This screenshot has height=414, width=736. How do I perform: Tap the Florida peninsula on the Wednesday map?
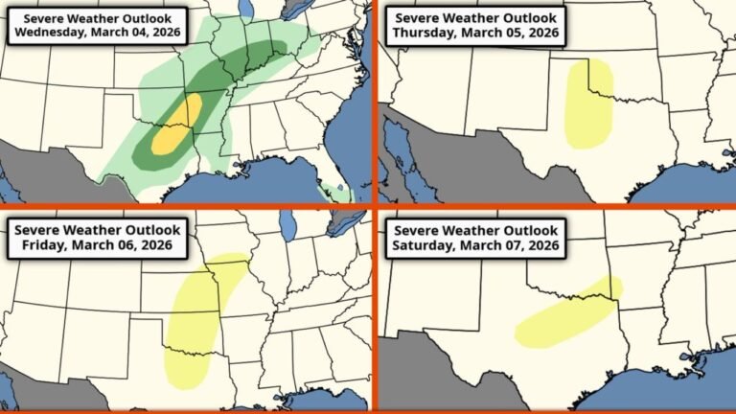[x=335, y=172]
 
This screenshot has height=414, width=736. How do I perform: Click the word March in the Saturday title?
[x=472, y=248]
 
